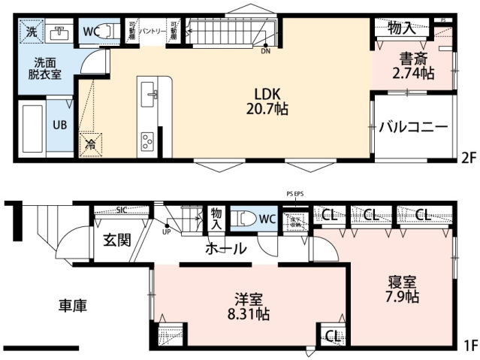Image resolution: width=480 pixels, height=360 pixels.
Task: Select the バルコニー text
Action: pos(412,127)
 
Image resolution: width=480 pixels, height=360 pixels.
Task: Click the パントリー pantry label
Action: pos(152,32)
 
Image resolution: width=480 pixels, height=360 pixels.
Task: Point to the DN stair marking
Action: pos(265,52)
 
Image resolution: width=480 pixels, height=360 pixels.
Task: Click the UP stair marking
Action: pos(166,231)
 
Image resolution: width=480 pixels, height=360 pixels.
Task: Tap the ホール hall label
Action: pos(225,248)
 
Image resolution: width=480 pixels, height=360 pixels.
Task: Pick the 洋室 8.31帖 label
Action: pos(248,307)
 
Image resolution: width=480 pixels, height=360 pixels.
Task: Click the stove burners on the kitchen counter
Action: pos(147,139)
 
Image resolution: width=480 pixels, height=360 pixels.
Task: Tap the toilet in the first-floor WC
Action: pos(247,219)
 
